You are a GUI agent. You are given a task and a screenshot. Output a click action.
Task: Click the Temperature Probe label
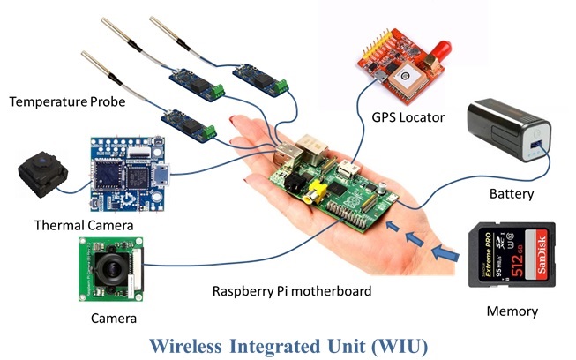(x=67, y=102)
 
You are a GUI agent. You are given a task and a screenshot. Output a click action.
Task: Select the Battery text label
(x=512, y=193)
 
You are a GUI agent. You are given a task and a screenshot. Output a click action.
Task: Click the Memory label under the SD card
(x=512, y=311)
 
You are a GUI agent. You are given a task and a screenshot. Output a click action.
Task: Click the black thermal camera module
(x=40, y=173)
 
